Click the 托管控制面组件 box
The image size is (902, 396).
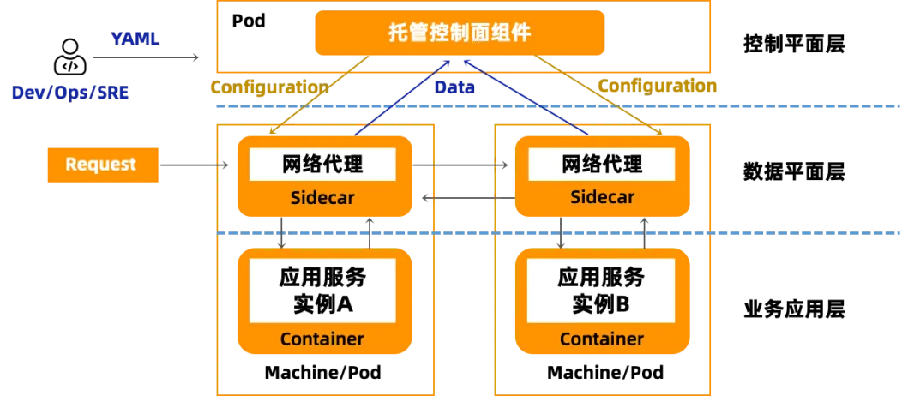459,33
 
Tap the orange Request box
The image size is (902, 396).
101,165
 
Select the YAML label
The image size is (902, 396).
137,38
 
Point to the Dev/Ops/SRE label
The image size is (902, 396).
70,93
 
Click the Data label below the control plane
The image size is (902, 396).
454,87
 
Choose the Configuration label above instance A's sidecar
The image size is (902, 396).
268,87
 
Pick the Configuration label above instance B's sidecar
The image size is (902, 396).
657,86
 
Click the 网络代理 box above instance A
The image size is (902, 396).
322,164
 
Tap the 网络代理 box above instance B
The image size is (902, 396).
602,164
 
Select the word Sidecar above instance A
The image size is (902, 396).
322,198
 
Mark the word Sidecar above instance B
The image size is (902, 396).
602,198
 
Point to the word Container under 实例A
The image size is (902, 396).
322,339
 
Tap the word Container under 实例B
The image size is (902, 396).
602,339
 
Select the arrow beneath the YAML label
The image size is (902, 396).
144,58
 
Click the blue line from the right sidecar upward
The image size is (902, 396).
523,97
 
